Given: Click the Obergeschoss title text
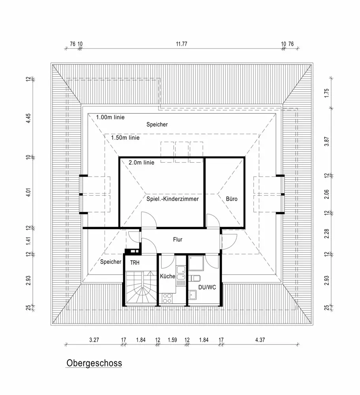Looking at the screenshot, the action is coord(94,363).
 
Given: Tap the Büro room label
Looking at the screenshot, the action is coord(232,199).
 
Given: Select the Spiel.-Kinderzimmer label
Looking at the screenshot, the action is coord(172,199).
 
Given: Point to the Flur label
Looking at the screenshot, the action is coord(177,239).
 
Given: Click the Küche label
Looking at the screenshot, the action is coord(167,276).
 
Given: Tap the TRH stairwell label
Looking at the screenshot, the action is coord(134,261).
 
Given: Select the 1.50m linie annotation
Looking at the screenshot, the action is coord(125,138).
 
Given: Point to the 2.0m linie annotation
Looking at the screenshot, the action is coord(141,162).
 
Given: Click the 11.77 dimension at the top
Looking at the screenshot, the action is coord(181,44).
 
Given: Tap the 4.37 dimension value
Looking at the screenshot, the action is coord(261,340).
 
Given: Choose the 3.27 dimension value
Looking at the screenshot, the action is coord(94,340).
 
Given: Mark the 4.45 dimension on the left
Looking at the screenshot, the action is coord(28,118).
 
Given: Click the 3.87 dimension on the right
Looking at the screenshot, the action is coord(326,141).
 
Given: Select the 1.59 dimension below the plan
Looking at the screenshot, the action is coord(172,340).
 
